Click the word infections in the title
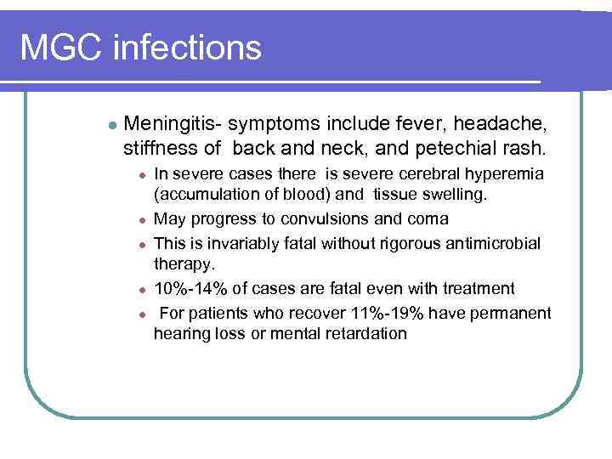coord(188,48)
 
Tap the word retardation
coord(366,334)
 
